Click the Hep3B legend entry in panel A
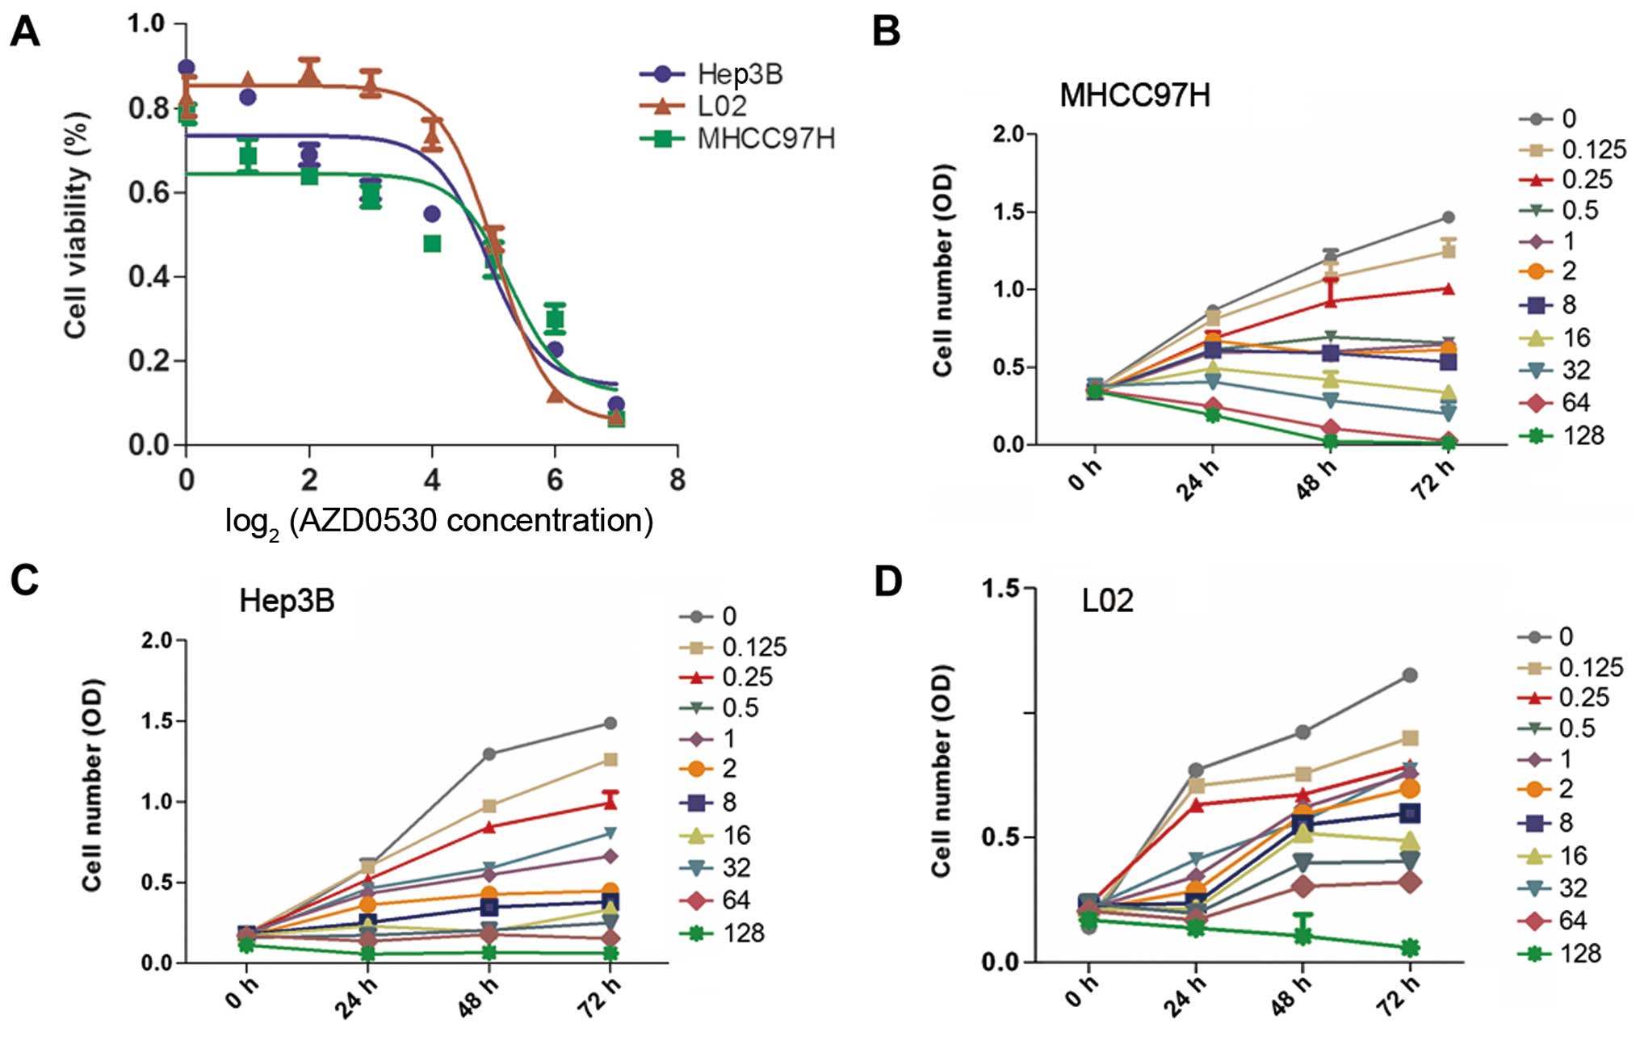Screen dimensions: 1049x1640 pos(739,74)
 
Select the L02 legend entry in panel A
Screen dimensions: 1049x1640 pos(721,106)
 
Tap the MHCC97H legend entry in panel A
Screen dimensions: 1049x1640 pos(765,139)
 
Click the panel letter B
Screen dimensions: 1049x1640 pos(886,32)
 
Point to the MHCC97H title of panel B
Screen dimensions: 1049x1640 pos(1135,96)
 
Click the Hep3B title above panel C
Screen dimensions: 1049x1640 pos(287,602)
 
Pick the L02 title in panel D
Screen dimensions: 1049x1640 pos(1107,602)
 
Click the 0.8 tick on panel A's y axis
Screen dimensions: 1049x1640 pos(148,108)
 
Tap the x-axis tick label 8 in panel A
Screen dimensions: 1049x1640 pos(677,480)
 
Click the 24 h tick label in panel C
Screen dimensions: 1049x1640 pos(355,998)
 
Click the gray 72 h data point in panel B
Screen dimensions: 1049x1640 pos(1449,217)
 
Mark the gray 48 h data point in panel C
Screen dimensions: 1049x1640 pos(489,754)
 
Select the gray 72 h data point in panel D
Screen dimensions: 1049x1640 pos(1410,675)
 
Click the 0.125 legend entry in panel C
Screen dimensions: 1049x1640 pos(753,648)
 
